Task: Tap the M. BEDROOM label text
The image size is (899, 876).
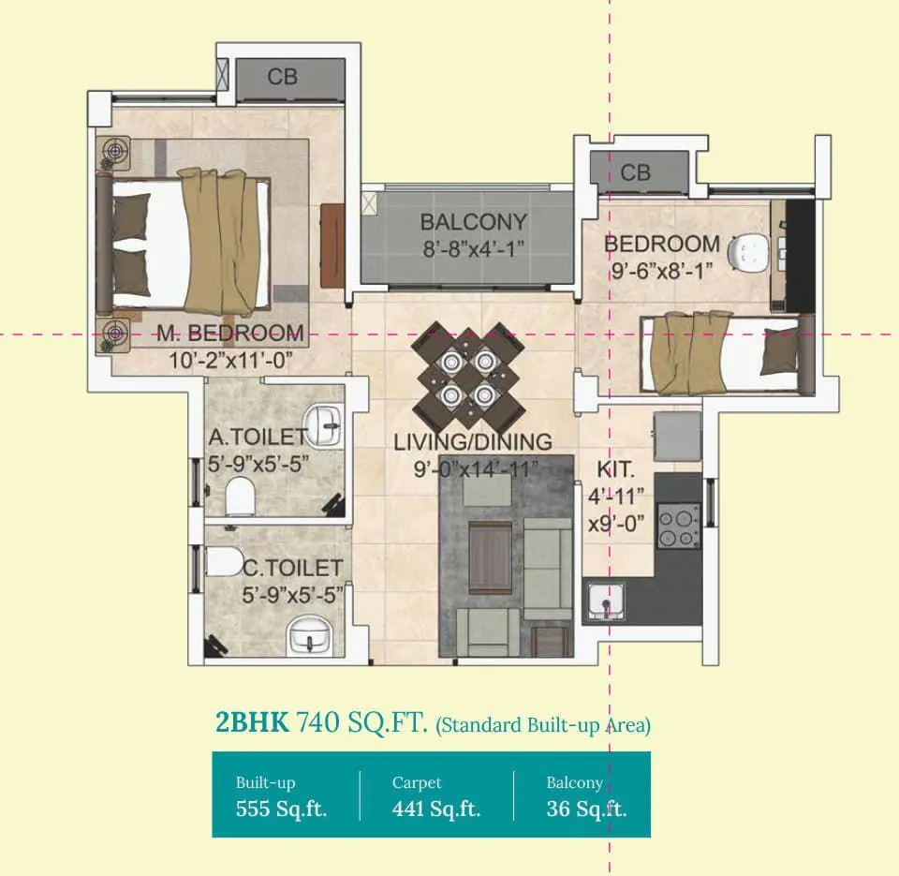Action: [230, 334]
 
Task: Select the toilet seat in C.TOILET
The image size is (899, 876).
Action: [223, 562]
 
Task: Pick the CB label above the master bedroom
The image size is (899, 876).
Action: [282, 77]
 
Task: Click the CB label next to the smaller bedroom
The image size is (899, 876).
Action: [635, 172]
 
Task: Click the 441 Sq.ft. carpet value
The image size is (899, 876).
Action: [436, 809]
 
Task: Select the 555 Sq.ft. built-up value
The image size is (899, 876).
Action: [281, 809]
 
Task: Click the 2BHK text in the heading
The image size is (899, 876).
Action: [252, 722]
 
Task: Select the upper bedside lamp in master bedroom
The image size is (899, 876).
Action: [114, 151]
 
